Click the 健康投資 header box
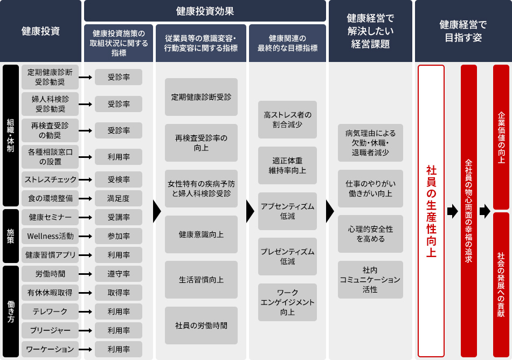[x=40, y=31]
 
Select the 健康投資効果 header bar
[x=205, y=11]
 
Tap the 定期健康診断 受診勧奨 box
[x=50, y=77]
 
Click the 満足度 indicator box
[x=118, y=198]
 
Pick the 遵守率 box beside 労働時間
[x=118, y=274]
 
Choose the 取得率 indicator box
[x=118, y=293]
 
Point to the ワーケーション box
[x=50, y=349]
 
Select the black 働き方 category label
[x=11, y=311]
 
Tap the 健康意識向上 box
[x=201, y=234]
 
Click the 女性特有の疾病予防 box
[x=201, y=189]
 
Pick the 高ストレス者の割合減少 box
[x=287, y=120]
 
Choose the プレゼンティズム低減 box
[x=287, y=257]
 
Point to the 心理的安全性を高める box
[x=370, y=234]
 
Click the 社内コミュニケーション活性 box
[x=370, y=280]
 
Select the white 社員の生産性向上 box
[x=431, y=211]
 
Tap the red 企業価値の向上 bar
[x=501, y=137]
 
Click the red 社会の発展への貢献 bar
[x=501, y=285]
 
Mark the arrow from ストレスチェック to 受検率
[x=85, y=179]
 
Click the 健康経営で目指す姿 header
[x=463, y=31]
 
